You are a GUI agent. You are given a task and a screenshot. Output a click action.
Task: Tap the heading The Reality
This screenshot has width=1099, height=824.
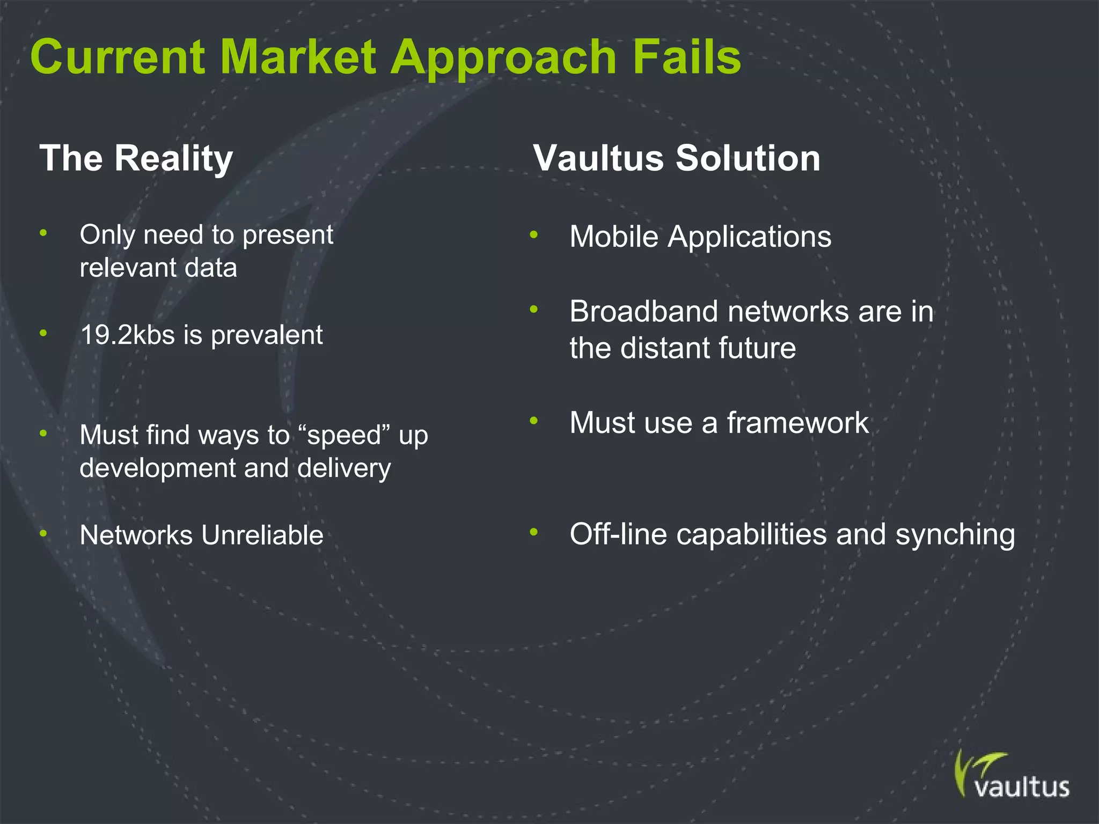tap(136, 159)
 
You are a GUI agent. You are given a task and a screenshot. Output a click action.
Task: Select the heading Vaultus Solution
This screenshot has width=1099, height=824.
tap(677, 159)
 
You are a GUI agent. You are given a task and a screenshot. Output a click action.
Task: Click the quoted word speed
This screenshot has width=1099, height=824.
tap(344, 436)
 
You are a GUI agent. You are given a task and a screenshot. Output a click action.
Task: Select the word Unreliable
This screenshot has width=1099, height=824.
tap(262, 535)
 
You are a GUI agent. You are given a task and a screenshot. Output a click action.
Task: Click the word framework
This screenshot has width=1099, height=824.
tap(797, 423)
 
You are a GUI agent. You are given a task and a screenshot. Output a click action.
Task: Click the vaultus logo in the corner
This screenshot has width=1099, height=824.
tap(1011, 776)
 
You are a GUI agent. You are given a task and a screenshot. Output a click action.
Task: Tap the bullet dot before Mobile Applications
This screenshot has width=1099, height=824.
tap(533, 234)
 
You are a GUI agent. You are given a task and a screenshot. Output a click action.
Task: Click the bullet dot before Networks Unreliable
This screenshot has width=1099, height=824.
tap(43, 534)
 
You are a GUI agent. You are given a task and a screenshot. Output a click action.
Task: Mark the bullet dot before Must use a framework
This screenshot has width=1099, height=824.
tap(533, 421)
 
